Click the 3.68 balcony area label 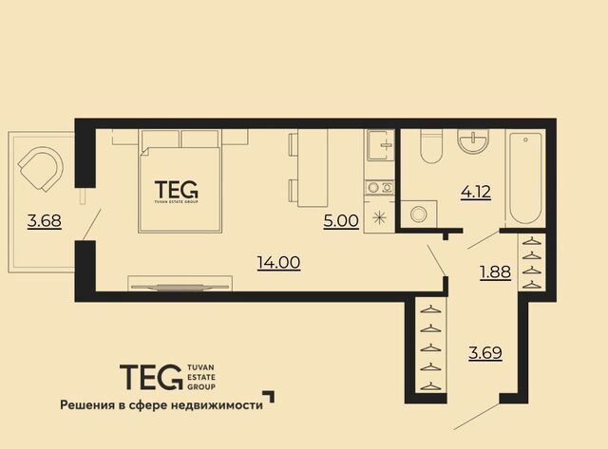click(x=45, y=221)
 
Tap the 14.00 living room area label click(x=278, y=263)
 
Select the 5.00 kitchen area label click(x=341, y=221)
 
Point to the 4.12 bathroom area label click(x=476, y=192)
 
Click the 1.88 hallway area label click(x=495, y=272)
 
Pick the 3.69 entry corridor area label click(x=485, y=353)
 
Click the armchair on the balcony click(x=42, y=169)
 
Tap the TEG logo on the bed click(x=177, y=192)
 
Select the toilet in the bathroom click(x=431, y=146)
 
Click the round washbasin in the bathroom click(x=473, y=141)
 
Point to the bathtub click(x=525, y=178)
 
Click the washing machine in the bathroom click(x=419, y=214)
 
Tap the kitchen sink click(x=379, y=145)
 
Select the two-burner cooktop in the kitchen click(x=380, y=188)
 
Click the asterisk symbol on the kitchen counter click(x=379, y=217)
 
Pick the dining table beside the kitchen click(x=313, y=168)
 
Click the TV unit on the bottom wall click(x=180, y=284)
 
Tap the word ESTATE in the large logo click(x=200, y=377)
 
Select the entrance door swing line click(x=478, y=417)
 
